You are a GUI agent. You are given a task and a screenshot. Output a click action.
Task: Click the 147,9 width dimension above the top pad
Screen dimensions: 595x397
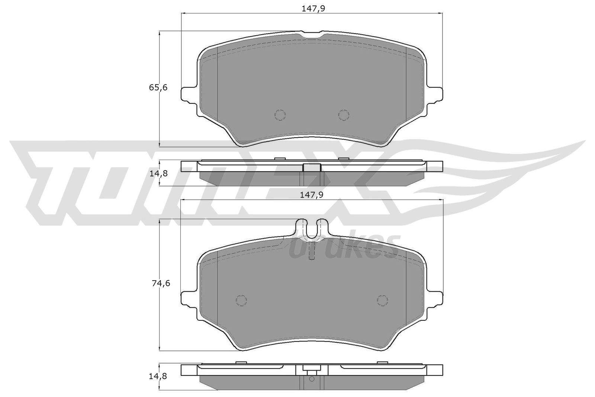point(313,9)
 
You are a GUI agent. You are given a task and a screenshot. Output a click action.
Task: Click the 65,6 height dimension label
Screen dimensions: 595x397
point(158,87)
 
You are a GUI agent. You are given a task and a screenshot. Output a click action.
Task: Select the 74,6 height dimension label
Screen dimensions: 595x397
point(161,284)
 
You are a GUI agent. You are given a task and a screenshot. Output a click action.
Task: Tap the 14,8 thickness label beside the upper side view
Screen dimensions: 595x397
point(158,173)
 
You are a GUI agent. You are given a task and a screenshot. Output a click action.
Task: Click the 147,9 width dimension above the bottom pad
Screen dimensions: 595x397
point(312,195)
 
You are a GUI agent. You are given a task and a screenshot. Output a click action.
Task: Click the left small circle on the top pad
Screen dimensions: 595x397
point(280,115)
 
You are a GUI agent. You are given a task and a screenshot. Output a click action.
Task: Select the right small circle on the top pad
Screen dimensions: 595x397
point(344,115)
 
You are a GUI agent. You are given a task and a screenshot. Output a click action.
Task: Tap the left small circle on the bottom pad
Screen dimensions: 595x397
point(241,300)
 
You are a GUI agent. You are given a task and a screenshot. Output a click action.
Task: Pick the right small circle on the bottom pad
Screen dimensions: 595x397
point(383,300)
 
